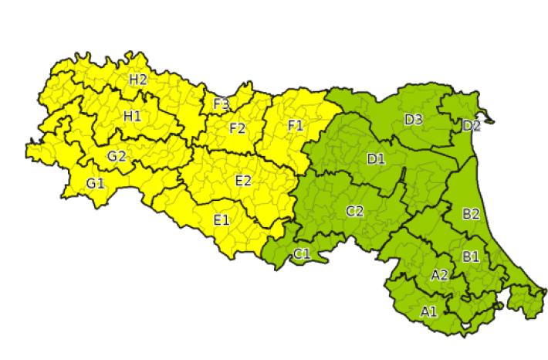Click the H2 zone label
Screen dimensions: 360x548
click(x=138, y=79)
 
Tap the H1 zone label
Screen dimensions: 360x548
click(x=132, y=116)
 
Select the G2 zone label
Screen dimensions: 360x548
click(x=117, y=156)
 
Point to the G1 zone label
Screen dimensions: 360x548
click(x=96, y=183)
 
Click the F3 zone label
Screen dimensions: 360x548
click(x=221, y=104)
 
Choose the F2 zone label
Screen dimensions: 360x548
click(x=237, y=128)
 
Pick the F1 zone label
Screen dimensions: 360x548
click(x=295, y=124)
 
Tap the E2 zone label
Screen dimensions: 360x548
click(x=242, y=181)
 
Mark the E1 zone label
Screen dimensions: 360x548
click(x=222, y=220)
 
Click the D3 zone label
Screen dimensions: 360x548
click(x=413, y=119)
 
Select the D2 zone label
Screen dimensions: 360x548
click(x=472, y=125)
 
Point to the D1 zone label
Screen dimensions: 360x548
click(x=376, y=159)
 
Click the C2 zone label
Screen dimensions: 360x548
click(x=354, y=211)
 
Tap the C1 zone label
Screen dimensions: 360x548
click(x=302, y=253)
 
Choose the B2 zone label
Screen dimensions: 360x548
click(x=471, y=214)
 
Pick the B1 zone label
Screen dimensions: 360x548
click(x=470, y=256)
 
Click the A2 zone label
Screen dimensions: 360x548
click(x=440, y=275)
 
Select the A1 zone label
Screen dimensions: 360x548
click(x=429, y=312)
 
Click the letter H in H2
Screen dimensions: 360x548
click(x=134, y=79)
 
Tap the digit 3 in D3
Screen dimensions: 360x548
click(x=418, y=119)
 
